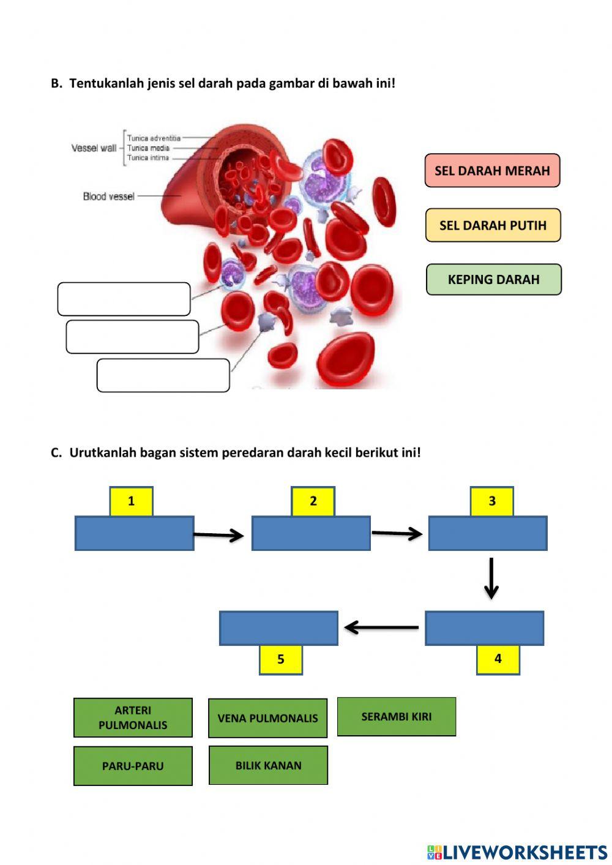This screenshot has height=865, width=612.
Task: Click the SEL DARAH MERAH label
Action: (x=492, y=171)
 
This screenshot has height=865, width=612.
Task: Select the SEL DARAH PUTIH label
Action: (x=493, y=225)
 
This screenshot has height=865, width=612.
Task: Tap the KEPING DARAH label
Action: (x=493, y=280)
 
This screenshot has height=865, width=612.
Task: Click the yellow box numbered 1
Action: (x=131, y=501)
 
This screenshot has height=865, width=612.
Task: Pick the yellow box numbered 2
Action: (x=313, y=501)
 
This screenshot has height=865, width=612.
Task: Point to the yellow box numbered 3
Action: (x=491, y=501)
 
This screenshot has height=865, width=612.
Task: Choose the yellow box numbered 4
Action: (x=498, y=659)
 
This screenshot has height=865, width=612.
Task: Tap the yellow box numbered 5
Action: (x=281, y=659)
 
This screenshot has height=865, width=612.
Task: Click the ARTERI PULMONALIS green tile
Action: (x=133, y=717)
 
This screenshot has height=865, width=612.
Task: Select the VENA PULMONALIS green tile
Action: (x=267, y=718)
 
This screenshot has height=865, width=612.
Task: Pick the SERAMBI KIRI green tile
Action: (x=396, y=716)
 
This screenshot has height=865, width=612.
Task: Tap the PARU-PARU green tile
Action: (x=133, y=766)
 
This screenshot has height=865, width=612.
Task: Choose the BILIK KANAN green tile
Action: (x=268, y=765)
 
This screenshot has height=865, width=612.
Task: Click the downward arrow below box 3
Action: (x=491, y=578)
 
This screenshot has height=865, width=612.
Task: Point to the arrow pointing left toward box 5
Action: (x=381, y=627)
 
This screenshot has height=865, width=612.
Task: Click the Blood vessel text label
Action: (x=108, y=197)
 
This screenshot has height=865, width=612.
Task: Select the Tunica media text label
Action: (x=148, y=148)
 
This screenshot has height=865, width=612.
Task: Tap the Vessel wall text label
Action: (x=94, y=148)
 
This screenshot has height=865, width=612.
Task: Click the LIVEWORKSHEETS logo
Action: (x=517, y=852)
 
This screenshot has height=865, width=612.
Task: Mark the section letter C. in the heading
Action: (x=56, y=453)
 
